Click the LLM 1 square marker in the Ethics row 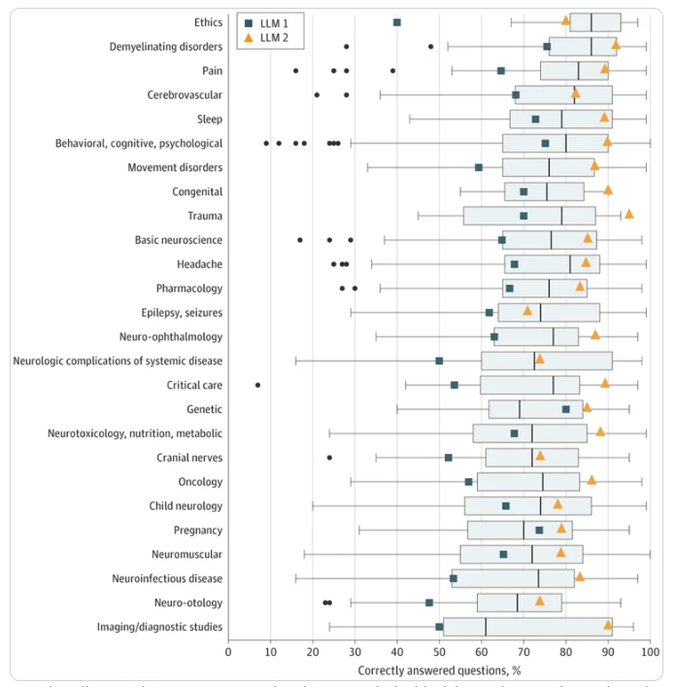tap(397, 22)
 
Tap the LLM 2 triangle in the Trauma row tap(628, 214)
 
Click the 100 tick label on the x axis tap(650, 651)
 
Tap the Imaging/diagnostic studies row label tap(158, 627)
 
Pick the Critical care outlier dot tap(257, 385)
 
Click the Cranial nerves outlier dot tap(329, 457)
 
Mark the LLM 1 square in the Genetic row tap(566, 409)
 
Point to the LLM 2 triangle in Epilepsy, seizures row tap(527, 311)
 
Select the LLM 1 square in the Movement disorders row tap(479, 167)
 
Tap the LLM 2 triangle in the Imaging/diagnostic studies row tap(608, 626)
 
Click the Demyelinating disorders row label tap(166, 47)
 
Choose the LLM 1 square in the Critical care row tap(455, 385)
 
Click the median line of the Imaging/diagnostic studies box tap(486, 627)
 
